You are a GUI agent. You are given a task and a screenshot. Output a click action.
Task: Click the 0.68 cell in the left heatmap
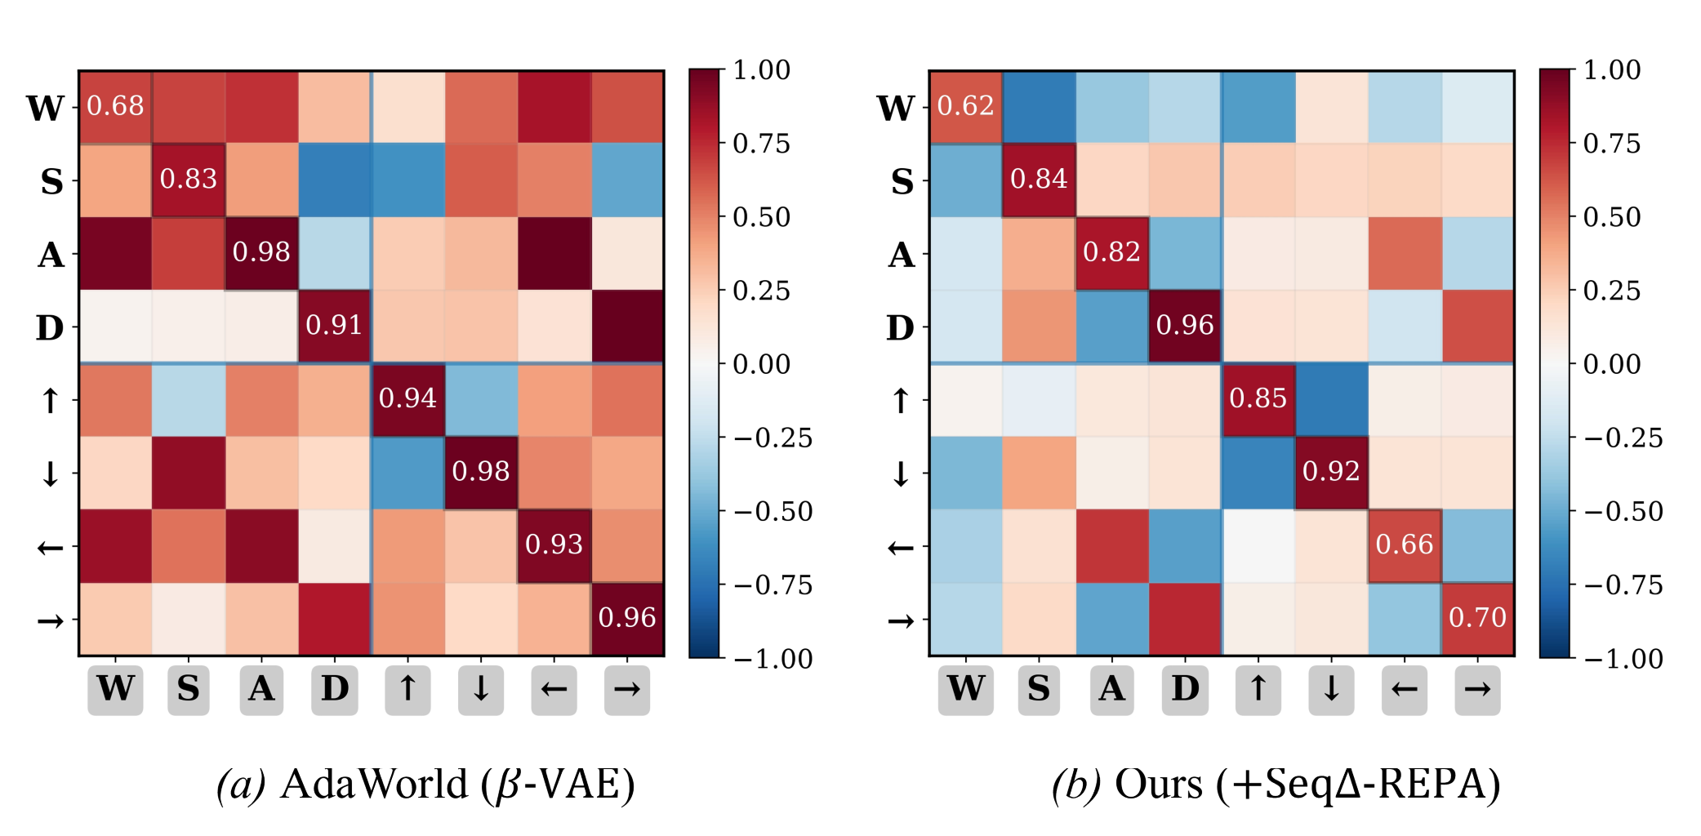coord(115,106)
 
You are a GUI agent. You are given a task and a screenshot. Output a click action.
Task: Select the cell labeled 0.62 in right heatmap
coord(965,106)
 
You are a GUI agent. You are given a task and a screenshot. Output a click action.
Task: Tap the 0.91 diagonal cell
coord(334,326)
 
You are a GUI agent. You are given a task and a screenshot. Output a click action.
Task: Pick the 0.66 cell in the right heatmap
coord(1405,545)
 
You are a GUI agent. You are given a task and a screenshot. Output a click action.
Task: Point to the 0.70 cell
coord(1477,618)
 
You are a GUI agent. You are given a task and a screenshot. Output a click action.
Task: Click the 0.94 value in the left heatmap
coord(407,398)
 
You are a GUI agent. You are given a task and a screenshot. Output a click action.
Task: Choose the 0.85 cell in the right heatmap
coord(1258,398)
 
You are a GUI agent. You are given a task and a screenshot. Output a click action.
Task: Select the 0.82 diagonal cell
coord(1111,252)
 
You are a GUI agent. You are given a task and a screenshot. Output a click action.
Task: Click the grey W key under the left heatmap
coord(115,690)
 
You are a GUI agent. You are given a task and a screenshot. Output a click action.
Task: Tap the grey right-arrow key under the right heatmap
coord(1477,690)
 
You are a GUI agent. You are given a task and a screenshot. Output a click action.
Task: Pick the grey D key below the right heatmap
coord(1185,690)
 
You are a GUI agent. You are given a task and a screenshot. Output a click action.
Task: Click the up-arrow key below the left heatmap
coord(407,690)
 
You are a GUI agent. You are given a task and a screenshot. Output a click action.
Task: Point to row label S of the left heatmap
coord(51,181)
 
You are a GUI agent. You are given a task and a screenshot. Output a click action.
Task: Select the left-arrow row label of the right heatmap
coord(901,547)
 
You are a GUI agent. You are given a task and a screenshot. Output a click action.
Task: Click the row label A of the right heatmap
coord(902,255)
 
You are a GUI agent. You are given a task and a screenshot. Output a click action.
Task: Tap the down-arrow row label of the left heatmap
coord(51,474)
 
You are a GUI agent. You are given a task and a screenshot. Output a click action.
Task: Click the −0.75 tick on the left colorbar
coord(773,585)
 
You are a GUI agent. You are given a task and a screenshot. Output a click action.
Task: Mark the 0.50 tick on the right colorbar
coord(1611,217)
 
